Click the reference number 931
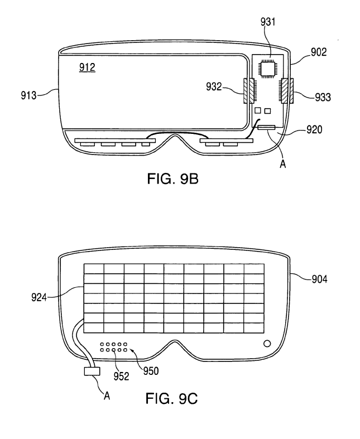click(268, 22)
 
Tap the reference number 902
click(319, 52)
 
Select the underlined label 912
click(87, 67)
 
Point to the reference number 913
click(28, 95)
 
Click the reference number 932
click(214, 87)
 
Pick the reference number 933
click(323, 97)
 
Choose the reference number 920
click(314, 129)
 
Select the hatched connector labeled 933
click(286, 91)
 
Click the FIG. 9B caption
click(173, 179)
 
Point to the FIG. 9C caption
click(171, 398)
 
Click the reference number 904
click(320, 279)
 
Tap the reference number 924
click(39, 297)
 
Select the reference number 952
click(121, 377)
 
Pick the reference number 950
click(151, 371)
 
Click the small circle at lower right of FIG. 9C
click(267, 343)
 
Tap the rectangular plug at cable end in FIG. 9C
click(92, 371)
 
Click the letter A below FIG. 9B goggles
click(283, 164)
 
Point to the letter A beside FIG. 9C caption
click(107, 395)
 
